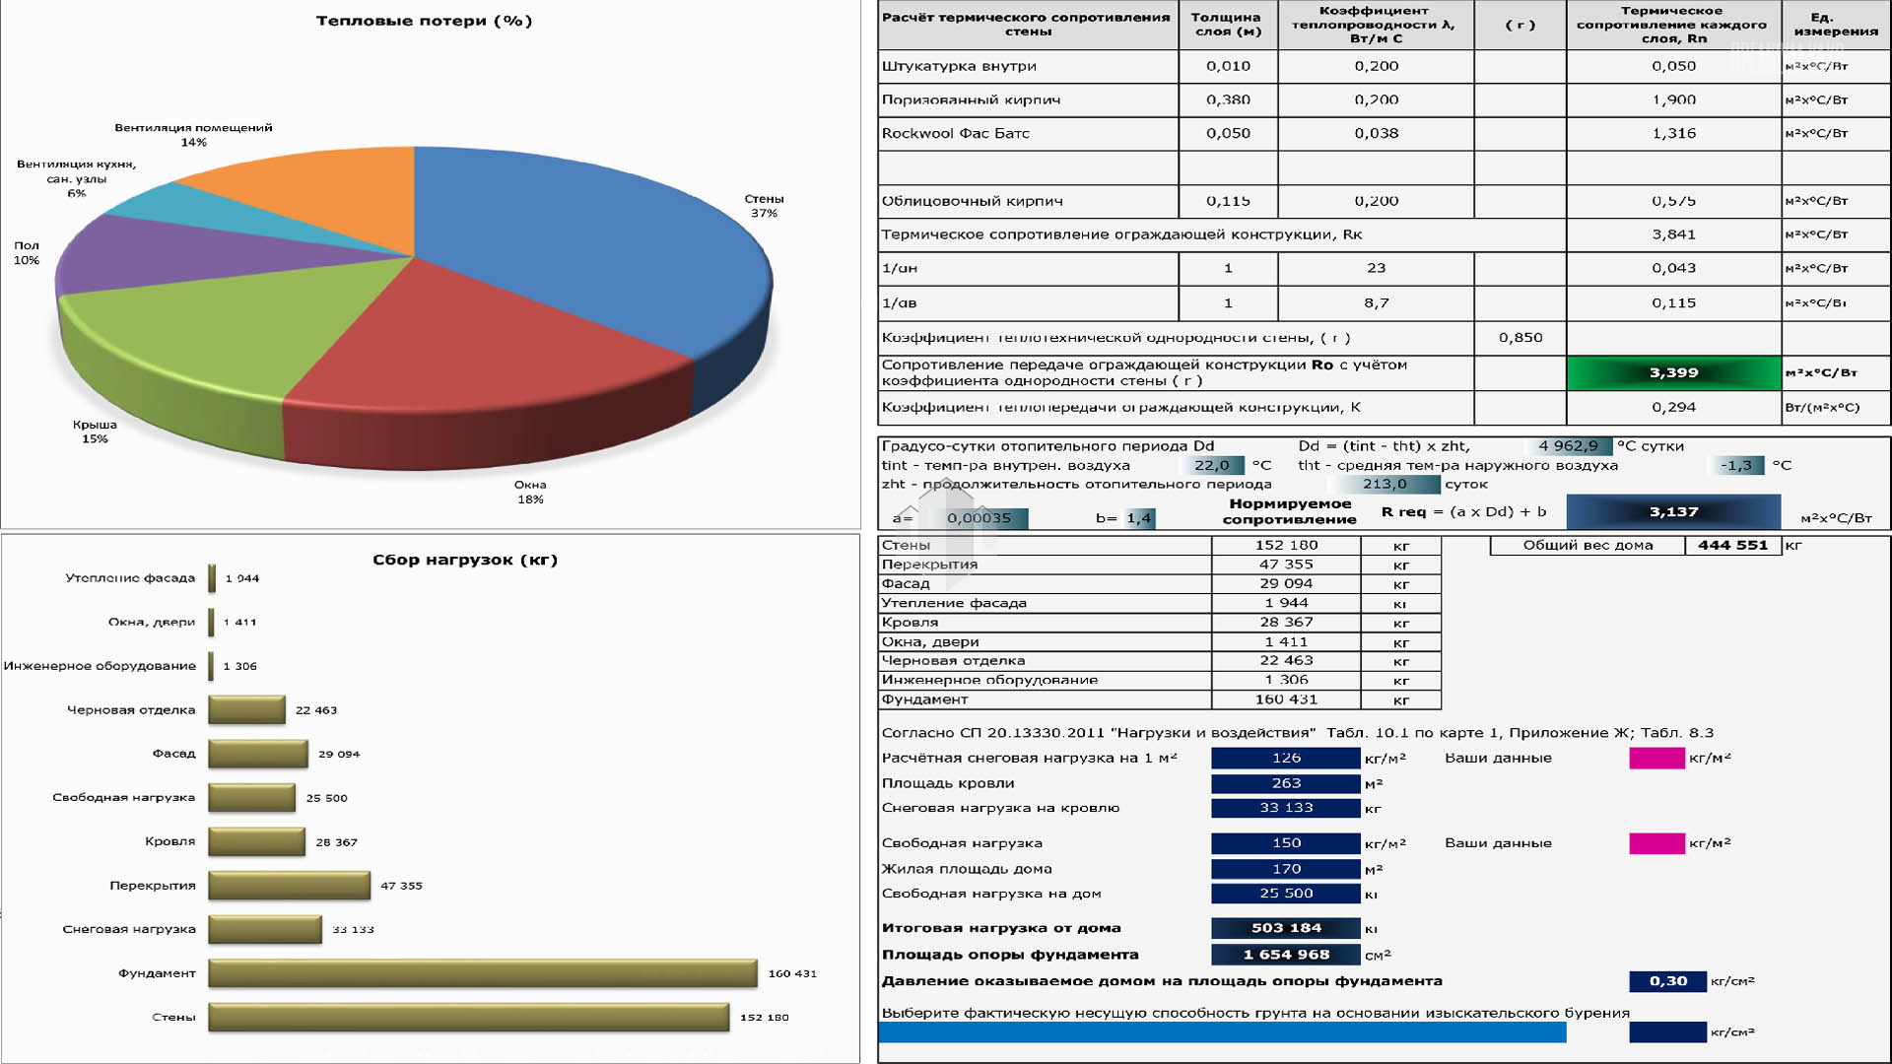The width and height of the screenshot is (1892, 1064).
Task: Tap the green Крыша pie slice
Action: coord(217,325)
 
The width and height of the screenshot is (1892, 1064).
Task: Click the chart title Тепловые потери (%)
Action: coord(424,21)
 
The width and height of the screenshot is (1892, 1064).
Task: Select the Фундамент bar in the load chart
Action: coord(483,973)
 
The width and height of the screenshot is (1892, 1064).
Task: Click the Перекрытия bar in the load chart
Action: coord(289,885)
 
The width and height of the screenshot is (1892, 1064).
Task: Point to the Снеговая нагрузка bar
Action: coord(265,929)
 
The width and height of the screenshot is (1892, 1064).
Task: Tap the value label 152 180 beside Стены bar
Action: coord(764,1017)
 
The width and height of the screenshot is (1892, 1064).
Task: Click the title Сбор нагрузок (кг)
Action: coord(464,560)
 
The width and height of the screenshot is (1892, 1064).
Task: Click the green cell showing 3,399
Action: coord(1673,372)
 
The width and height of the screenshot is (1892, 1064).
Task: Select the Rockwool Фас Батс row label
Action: coord(955,133)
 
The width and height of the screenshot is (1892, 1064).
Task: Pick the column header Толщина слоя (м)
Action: coord(1227,24)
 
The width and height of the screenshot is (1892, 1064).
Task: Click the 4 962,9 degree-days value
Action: coord(1568,446)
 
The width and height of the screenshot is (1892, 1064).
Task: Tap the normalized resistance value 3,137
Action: coord(1673,512)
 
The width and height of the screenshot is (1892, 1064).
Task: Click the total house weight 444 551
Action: coord(1732,545)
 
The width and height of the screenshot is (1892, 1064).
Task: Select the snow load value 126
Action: coord(1286,758)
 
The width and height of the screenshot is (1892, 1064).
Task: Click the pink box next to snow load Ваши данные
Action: coord(1656,758)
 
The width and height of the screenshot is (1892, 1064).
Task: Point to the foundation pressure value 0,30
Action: coord(1667,981)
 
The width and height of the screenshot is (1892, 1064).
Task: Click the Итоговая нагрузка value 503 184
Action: coord(1286,928)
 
